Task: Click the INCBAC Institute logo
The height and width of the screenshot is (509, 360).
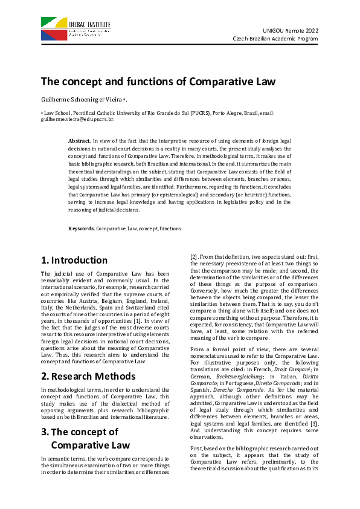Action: click(76, 29)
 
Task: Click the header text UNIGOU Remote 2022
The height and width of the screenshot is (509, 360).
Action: click(291, 30)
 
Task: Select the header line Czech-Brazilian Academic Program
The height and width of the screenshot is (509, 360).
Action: click(275, 39)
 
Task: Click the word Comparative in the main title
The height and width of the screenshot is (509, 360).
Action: click(221, 81)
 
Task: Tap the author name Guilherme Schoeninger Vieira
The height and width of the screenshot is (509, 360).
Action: click(81, 100)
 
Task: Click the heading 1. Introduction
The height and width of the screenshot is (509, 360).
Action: click(74, 261)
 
